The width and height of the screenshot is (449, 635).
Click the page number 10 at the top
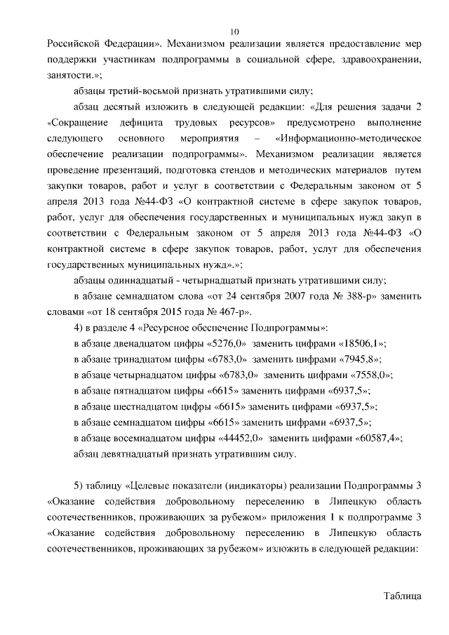point(234,31)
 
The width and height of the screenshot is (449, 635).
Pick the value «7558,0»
point(368,375)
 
